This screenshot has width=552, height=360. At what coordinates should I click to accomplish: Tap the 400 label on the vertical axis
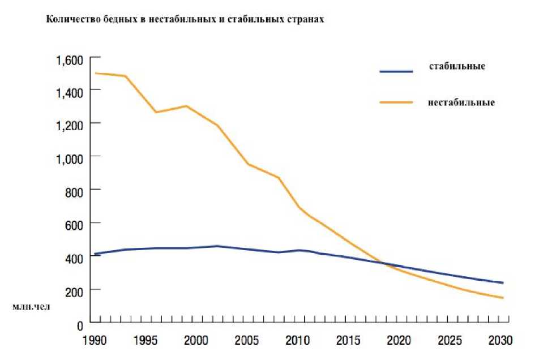(x=74, y=257)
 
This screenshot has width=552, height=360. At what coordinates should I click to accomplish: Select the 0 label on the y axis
(x=80, y=326)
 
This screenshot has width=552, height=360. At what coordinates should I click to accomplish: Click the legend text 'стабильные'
(x=457, y=66)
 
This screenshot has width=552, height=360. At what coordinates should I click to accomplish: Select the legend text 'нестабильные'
(x=461, y=103)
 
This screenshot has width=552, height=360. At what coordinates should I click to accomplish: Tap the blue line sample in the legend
(x=396, y=71)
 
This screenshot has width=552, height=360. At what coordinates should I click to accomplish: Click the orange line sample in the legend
(x=396, y=102)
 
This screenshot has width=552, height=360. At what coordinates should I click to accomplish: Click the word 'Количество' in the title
(x=67, y=19)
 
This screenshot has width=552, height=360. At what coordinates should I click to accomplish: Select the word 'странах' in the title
(x=308, y=19)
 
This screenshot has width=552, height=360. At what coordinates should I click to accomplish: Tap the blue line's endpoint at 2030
(x=503, y=282)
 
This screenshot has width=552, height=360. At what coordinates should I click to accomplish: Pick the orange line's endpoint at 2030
(x=503, y=298)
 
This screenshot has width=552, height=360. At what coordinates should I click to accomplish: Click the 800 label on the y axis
(x=74, y=190)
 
